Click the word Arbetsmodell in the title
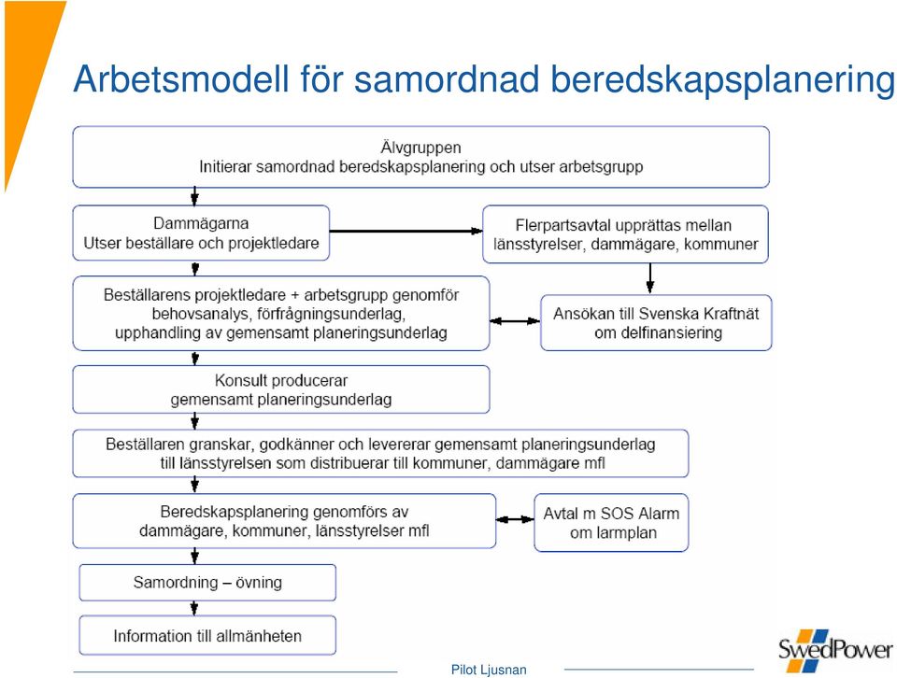point(181,78)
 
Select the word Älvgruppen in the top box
point(421,148)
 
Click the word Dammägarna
point(201,223)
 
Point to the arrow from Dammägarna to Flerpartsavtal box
point(406,231)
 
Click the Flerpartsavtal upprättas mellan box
point(625,234)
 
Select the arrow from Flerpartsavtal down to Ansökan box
point(650,278)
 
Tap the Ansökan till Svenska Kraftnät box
point(656,322)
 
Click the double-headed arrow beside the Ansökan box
point(515,321)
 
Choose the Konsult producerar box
point(281,389)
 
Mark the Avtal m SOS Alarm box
point(611,522)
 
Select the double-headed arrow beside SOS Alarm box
point(515,519)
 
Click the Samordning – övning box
point(207,583)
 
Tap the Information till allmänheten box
point(207,635)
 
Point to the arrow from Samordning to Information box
point(194,608)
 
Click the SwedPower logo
point(835,650)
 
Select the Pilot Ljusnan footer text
point(489,670)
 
